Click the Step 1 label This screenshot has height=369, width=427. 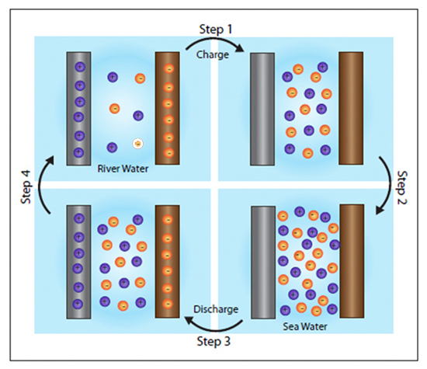(216, 30)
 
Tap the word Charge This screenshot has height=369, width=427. (213, 55)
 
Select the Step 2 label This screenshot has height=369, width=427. (402, 188)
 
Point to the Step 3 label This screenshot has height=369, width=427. (213, 341)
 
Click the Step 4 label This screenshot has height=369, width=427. (26, 187)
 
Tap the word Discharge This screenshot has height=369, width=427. (216, 309)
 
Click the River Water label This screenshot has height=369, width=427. (123, 169)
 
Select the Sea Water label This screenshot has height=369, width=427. (305, 326)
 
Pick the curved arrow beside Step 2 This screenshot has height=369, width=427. (387, 186)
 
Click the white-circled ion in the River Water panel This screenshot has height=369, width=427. (138, 144)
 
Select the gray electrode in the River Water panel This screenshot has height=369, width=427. (78, 109)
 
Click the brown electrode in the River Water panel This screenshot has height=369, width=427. (168, 108)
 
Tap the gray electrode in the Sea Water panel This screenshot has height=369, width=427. (263, 262)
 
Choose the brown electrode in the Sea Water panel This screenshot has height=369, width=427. (352, 261)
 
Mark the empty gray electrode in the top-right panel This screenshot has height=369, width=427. (262, 109)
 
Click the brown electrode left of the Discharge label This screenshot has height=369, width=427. (168, 262)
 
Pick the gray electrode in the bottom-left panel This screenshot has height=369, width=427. (78, 262)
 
